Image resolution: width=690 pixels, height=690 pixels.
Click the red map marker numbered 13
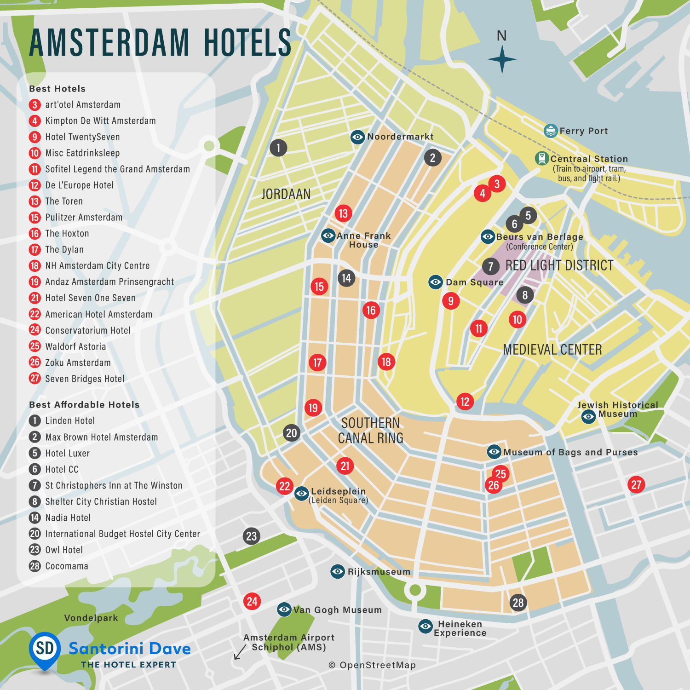tap(343, 213)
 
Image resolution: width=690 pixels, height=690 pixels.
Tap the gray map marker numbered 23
tap(251, 536)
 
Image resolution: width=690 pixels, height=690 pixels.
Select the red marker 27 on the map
tap(636, 484)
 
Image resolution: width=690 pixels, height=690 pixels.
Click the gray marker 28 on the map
tap(518, 603)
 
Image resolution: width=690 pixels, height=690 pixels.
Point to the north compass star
tap(502, 59)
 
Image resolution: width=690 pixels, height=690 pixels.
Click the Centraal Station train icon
tap(542, 158)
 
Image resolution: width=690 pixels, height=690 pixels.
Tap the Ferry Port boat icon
tap(551, 131)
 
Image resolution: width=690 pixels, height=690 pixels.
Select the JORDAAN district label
tap(286, 194)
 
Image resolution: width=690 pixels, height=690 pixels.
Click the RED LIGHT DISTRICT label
tap(559, 265)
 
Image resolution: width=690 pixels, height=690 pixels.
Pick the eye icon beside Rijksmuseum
tap(338, 572)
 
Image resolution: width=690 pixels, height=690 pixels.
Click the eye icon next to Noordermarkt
tap(357, 137)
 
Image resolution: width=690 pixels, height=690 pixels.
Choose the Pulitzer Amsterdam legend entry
tap(84, 217)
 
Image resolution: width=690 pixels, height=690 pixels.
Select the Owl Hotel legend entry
tap(64, 550)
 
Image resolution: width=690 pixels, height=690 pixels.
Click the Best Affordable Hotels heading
tap(84, 405)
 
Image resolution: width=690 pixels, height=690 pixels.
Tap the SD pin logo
tap(45, 649)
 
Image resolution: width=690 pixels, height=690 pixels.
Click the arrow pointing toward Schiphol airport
tap(240, 652)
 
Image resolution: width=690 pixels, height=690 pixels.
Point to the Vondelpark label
tap(91, 618)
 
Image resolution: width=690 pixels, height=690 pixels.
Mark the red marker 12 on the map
tap(465, 402)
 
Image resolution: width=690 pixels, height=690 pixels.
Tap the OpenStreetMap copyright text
tap(372, 665)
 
